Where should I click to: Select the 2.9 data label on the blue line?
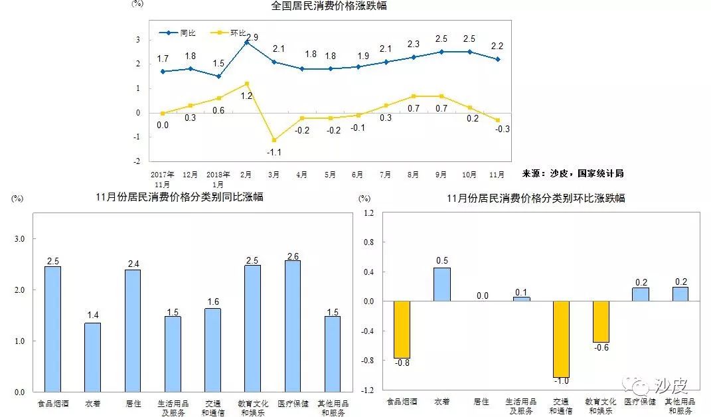(x=252, y=37)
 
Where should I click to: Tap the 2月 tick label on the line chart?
(x=246, y=175)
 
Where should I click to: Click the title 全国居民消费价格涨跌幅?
(x=329, y=6)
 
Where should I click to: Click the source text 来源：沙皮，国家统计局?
(x=572, y=173)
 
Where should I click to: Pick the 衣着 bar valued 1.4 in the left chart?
(x=92, y=357)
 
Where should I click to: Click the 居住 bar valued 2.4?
(x=133, y=331)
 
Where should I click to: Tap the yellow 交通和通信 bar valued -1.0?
(x=561, y=339)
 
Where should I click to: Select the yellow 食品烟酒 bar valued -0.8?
(x=402, y=329)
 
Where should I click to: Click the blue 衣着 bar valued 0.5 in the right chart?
(x=441, y=284)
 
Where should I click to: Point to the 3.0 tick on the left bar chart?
(x=19, y=239)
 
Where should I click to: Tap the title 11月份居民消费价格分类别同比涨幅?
(x=179, y=197)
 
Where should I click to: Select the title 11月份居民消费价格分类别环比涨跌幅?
(x=536, y=198)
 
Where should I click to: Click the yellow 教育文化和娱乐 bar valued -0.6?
(x=601, y=321)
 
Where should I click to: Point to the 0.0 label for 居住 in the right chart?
(x=481, y=296)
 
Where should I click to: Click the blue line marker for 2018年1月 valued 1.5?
(x=218, y=76)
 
